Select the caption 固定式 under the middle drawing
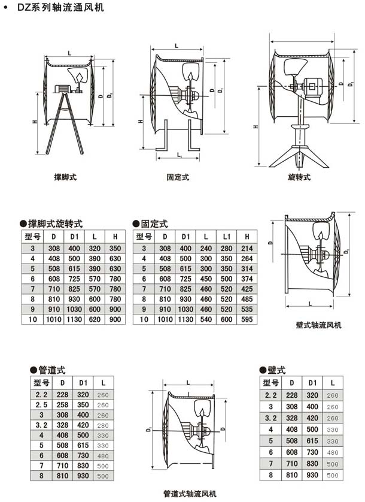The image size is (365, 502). coord(178,177)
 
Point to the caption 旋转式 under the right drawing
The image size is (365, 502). coord(299,177)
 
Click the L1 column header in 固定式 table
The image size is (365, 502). coord(226,237)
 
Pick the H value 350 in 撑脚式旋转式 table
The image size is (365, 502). coord(114,247)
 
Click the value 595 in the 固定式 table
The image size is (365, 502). coord(246,320)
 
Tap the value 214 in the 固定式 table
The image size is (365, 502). coord(246,247)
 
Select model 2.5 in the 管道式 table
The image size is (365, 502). coord(42,404)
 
